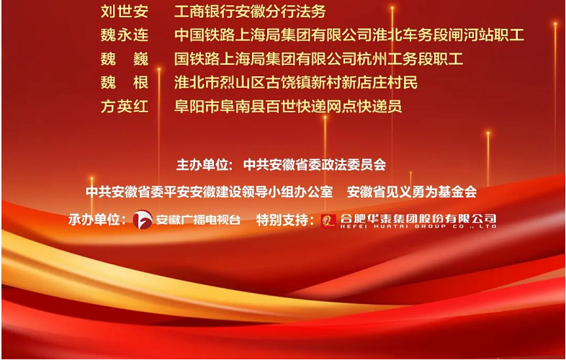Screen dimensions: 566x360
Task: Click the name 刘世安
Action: (x=125, y=12)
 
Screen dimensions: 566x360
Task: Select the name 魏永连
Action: (x=125, y=35)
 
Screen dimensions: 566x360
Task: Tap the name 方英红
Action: (x=125, y=106)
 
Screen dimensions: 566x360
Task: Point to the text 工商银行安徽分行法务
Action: (x=250, y=12)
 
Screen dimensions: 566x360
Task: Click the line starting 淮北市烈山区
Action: (x=296, y=82)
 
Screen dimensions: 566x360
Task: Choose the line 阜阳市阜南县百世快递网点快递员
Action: (x=288, y=106)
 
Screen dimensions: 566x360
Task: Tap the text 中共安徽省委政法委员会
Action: (x=315, y=165)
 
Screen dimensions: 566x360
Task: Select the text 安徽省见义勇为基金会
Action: (x=412, y=192)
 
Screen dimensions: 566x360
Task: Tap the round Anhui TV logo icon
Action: (x=143, y=219)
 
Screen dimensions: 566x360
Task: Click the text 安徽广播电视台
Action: (x=198, y=219)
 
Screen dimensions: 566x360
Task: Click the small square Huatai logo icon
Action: (x=328, y=221)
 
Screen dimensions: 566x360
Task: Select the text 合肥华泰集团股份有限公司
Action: (x=418, y=218)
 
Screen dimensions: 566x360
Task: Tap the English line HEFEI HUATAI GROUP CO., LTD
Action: (x=418, y=226)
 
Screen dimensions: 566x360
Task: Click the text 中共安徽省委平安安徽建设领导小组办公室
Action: (x=210, y=192)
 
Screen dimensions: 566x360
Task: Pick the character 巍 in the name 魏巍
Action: (x=140, y=59)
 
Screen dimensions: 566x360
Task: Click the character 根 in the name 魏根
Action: (x=140, y=82)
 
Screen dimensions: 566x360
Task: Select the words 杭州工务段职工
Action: (x=410, y=59)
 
